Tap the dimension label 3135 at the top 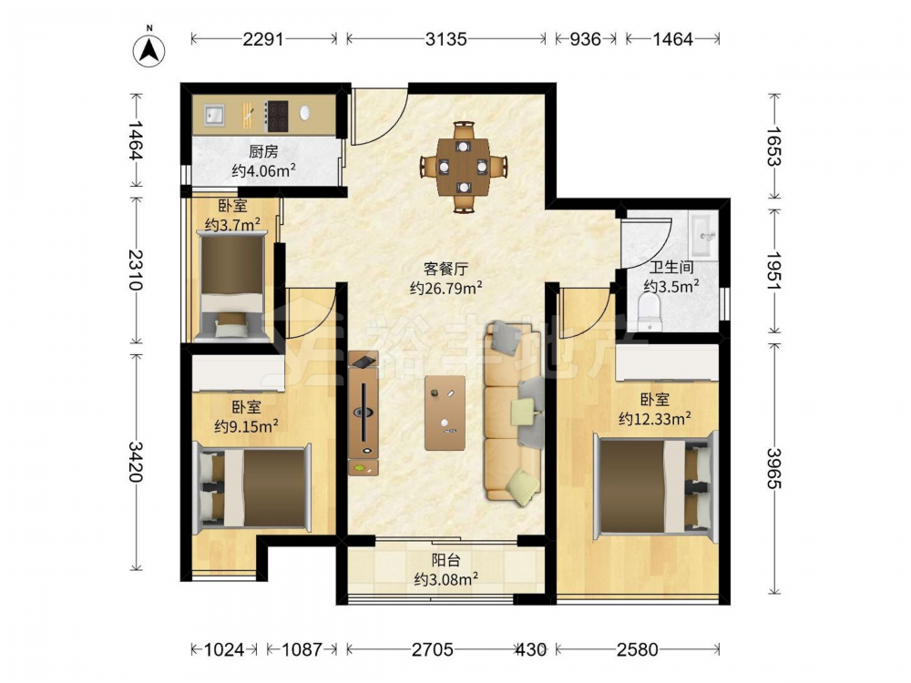click(x=445, y=39)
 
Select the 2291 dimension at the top click(x=263, y=39)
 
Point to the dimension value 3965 click(x=773, y=468)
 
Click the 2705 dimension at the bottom click(x=433, y=648)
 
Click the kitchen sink click(x=214, y=115)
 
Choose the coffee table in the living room click(x=445, y=413)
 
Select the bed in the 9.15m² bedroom click(x=252, y=486)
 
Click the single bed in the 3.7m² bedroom click(x=232, y=284)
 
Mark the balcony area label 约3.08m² click(x=446, y=579)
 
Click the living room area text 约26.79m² click(x=446, y=288)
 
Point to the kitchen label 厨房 click(x=263, y=152)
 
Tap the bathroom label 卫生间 click(x=671, y=268)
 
